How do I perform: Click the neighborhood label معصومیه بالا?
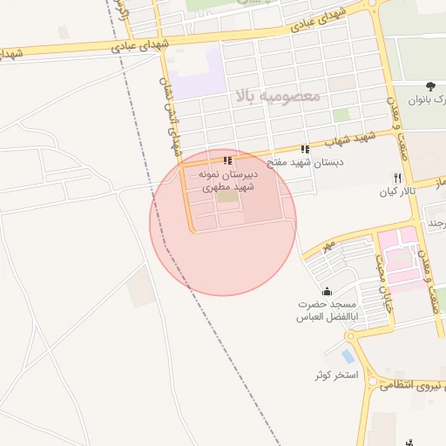pos(278,95)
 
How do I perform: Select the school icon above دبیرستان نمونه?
pos(227,160)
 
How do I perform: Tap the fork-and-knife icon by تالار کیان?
pos(397,178)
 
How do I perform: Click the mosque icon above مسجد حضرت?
pos(327,291)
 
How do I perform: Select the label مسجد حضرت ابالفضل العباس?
pos(328,311)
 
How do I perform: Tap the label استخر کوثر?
pos(335,375)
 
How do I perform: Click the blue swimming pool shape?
pos(348,356)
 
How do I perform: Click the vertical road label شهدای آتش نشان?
pos(169,109)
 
